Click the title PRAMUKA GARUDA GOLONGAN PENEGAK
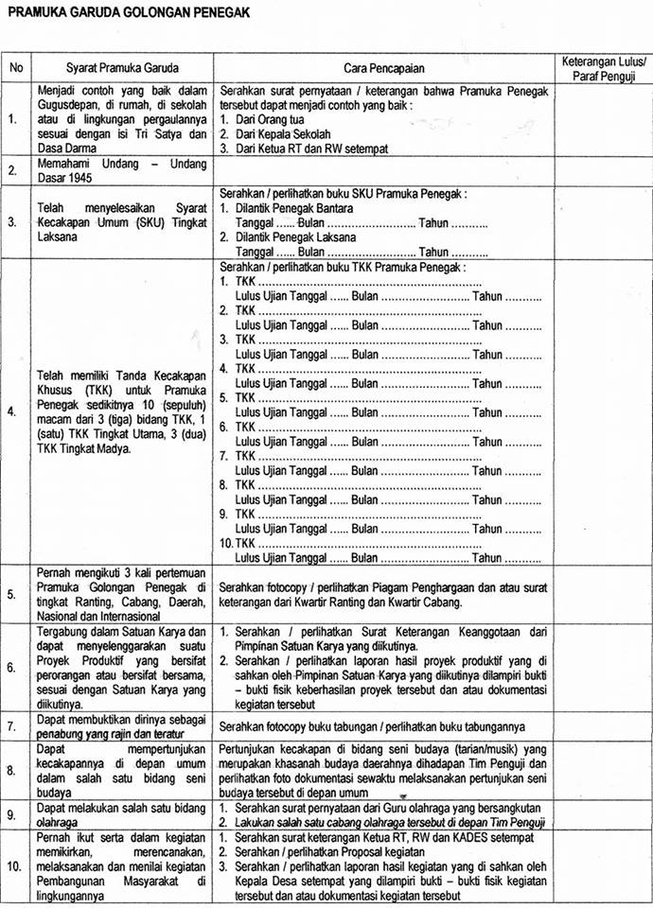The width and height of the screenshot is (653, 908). (x=129, y=12)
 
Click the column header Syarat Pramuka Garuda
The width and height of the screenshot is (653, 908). (x=122, y=69)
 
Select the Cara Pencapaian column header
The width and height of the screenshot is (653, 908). (x=383, y=69)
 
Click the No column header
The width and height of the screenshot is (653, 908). (x=16, y=69)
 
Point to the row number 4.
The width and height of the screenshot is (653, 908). (x=13, y=410)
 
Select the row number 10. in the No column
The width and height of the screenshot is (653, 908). (x=15, y=866)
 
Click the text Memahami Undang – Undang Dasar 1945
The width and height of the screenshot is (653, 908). (x=121, y=170)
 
